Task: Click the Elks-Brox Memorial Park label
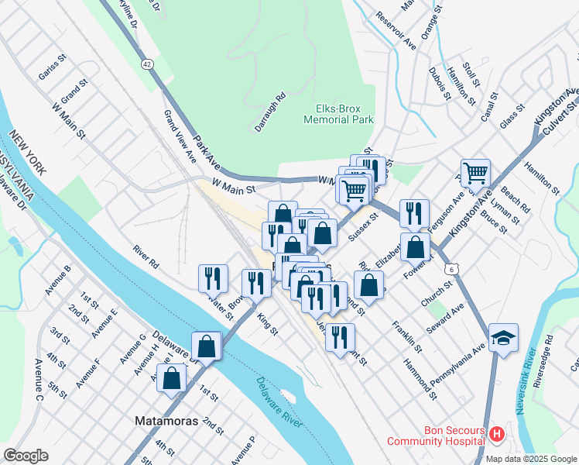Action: tap(338, 114)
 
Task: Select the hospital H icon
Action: tap(496, 435)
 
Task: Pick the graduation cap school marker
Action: tap(503, 338)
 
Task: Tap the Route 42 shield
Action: tap(146, 61)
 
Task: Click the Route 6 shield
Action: tap(451, 268)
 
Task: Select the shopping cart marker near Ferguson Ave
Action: tap(475, 174)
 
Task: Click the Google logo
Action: tap(26, 456)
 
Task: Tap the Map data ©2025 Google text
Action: tap(531, 459)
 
